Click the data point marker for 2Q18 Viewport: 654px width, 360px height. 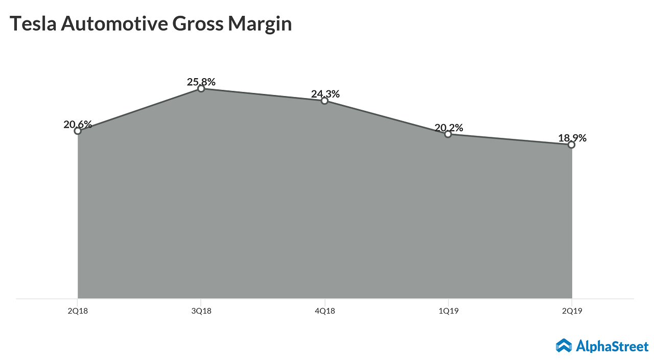[78, 131]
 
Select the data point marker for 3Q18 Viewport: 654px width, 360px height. [201, 89]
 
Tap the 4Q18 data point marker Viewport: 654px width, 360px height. [324, 101]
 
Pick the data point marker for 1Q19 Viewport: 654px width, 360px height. [448, 134]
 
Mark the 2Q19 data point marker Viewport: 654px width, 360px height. [571, 145]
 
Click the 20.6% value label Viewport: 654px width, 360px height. [78, 124]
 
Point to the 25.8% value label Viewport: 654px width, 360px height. [201, 82]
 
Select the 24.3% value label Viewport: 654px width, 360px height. [325, 94]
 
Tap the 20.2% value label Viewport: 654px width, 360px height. [449, 128]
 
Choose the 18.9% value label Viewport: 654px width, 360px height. [572, 138]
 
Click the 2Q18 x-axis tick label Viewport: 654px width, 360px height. [78, 311]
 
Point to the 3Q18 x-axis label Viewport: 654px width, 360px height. [201, 311]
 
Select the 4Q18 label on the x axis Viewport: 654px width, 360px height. [324, 311]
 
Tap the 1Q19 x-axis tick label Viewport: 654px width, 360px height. [448, 311]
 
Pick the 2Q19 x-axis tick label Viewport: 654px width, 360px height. [571, 311]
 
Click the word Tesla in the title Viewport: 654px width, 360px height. [33, 24]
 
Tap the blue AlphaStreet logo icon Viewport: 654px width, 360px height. [564, 346]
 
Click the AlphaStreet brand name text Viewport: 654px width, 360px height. [612, 346]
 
